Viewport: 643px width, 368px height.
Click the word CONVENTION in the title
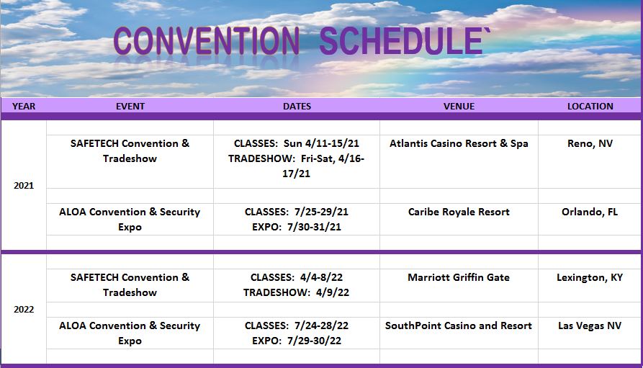pyautogui.click(x=206, y=40)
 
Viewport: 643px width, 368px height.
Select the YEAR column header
pyautogui.click(x=24, y=107)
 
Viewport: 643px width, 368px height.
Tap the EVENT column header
pyautogui.click(x=130, y=107)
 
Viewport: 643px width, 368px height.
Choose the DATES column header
pyautogui.click(x=297, y=107)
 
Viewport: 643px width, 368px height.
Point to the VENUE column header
pyautogui.click(x=459, y=107)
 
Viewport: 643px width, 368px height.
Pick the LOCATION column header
pyautogui.click(x=590, y=107)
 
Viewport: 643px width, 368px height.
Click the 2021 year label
pyautogui.click(x=24, y=185)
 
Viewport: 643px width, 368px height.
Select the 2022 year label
pyautogui.click(x=24, y=310)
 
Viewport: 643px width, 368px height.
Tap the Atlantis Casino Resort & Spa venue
pyautogui.click(x=459, y=143)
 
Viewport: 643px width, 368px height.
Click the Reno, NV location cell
pyautogui.click(x=590, y=143)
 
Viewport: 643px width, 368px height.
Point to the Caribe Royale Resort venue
pyautogui.click(x=459, y=212)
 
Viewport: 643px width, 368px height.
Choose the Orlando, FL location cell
pyautogui.click(x=590, y=212)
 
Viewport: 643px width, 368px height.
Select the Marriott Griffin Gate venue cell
pyautogui.click(x=459, y=277)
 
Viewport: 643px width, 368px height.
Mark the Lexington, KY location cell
pyautogui.click(x=590, y=278)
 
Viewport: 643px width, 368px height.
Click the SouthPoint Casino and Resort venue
pyautogui.click(x=459, y=326)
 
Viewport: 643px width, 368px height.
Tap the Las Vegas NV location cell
pyautogui.click(x=590, y=326)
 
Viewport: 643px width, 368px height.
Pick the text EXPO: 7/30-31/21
pyautogui.click(x=297, y=227)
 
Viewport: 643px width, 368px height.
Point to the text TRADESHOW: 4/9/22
pyautogui.click(x=296, y=292)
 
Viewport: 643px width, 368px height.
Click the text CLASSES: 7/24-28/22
pyautogui.click(x=297, y=326)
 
